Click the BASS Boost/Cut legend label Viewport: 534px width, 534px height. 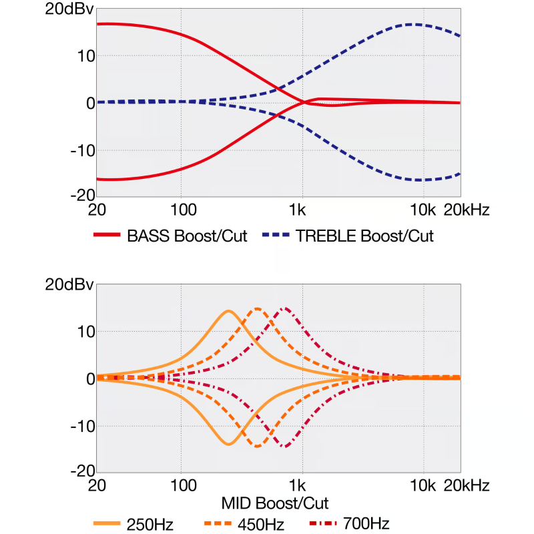coord(186,236)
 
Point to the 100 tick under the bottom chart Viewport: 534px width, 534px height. coord(180,485)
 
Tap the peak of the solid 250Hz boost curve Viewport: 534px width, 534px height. coord(228,310)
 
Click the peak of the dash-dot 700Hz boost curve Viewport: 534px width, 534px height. coord(286,308)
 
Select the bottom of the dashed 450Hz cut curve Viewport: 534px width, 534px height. coord(258,446)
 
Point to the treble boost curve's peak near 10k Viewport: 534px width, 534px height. coord(414,24)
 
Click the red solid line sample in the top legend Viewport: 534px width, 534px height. coord(107,236)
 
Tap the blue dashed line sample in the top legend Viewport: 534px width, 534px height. coord(277,236)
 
